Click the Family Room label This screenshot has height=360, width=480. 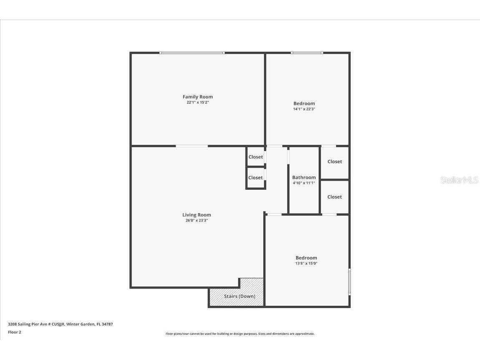point(198,97)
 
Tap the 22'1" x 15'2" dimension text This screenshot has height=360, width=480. point(198,102)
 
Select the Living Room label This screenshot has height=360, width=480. point(196,215)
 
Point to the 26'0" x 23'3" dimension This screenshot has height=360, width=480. point(196,220)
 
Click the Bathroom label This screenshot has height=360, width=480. point(304,177)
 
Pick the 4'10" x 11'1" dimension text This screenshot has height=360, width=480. point(304,183)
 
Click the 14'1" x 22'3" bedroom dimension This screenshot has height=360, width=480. point(304,109)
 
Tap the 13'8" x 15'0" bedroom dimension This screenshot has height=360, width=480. point(307,263)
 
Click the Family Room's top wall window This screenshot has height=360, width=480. point(192,53)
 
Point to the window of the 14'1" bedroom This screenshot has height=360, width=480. point(307,53)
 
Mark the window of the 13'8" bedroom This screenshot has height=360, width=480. point(349,282)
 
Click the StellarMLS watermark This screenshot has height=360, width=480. point(459,180)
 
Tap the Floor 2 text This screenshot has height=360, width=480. point(15,332)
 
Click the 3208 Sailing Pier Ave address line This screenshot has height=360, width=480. point(60,324)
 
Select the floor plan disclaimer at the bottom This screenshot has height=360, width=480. point(240,334)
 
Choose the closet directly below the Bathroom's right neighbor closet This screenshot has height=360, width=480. point(334,197)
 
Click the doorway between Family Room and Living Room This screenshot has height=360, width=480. point(192,146)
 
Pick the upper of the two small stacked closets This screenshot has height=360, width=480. point(256,157)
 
